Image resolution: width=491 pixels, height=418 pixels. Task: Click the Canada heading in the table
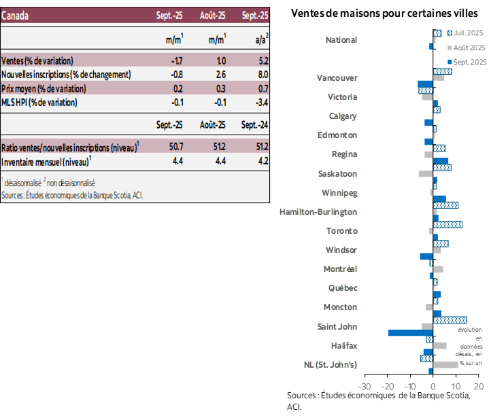tap(15, 16)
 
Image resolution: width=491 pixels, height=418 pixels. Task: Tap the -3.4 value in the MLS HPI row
tap(260, 103)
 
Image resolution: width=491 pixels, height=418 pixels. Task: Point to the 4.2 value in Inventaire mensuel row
tap(262, 161)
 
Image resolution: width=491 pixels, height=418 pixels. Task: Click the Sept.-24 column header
tap(254, 124)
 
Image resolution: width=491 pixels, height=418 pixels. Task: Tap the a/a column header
tap(260, 40)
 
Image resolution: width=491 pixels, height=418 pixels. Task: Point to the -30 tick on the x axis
tap(365, 387)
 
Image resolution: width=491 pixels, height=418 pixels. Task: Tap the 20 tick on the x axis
tap(478, 387)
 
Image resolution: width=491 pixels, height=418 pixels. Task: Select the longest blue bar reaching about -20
tap(410, 333)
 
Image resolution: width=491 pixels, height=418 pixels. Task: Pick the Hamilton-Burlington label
tap(318, 211)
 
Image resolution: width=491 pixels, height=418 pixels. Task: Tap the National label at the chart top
tap(341, 39)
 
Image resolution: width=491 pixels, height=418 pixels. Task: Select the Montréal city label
tap(340, 268)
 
